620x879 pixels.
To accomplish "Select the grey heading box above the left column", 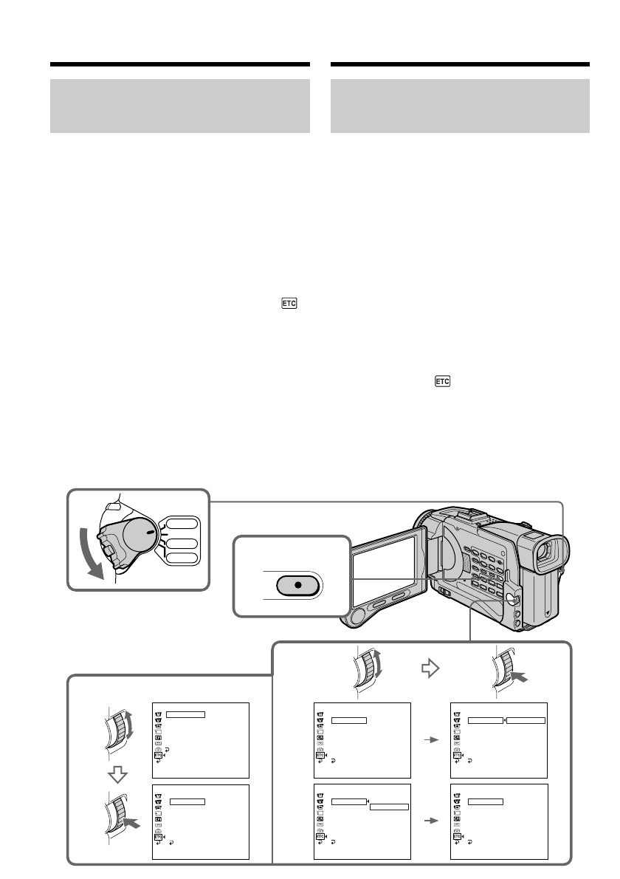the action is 179,106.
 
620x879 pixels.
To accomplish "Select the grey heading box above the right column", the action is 461,106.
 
